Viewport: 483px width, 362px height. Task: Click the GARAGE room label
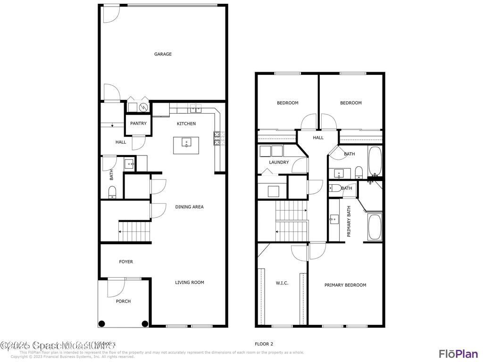[163, 54]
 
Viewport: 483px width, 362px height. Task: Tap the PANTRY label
[138, 123]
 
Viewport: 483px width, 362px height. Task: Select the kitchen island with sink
[186, 145]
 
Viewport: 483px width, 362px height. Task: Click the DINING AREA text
[189, 207]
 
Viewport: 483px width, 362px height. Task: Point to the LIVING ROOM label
[189, 282]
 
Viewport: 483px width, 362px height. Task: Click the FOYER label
[126, 262]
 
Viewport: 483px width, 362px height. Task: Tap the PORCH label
[123, 301]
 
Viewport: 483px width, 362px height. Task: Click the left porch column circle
[101, 323]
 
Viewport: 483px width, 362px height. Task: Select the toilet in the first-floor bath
[112, 192]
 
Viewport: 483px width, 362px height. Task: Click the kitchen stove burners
[217, 138]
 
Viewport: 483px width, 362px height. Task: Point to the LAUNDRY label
[279, 162]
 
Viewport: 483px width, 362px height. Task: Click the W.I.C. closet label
[282, 283]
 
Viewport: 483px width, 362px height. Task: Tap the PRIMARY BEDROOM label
[345, 285]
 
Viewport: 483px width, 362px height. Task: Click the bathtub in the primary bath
[375, 227]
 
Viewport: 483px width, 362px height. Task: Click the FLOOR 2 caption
[264, 344]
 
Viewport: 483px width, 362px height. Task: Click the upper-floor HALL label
[318, 138]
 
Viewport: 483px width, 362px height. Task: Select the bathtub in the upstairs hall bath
[375, 161]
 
